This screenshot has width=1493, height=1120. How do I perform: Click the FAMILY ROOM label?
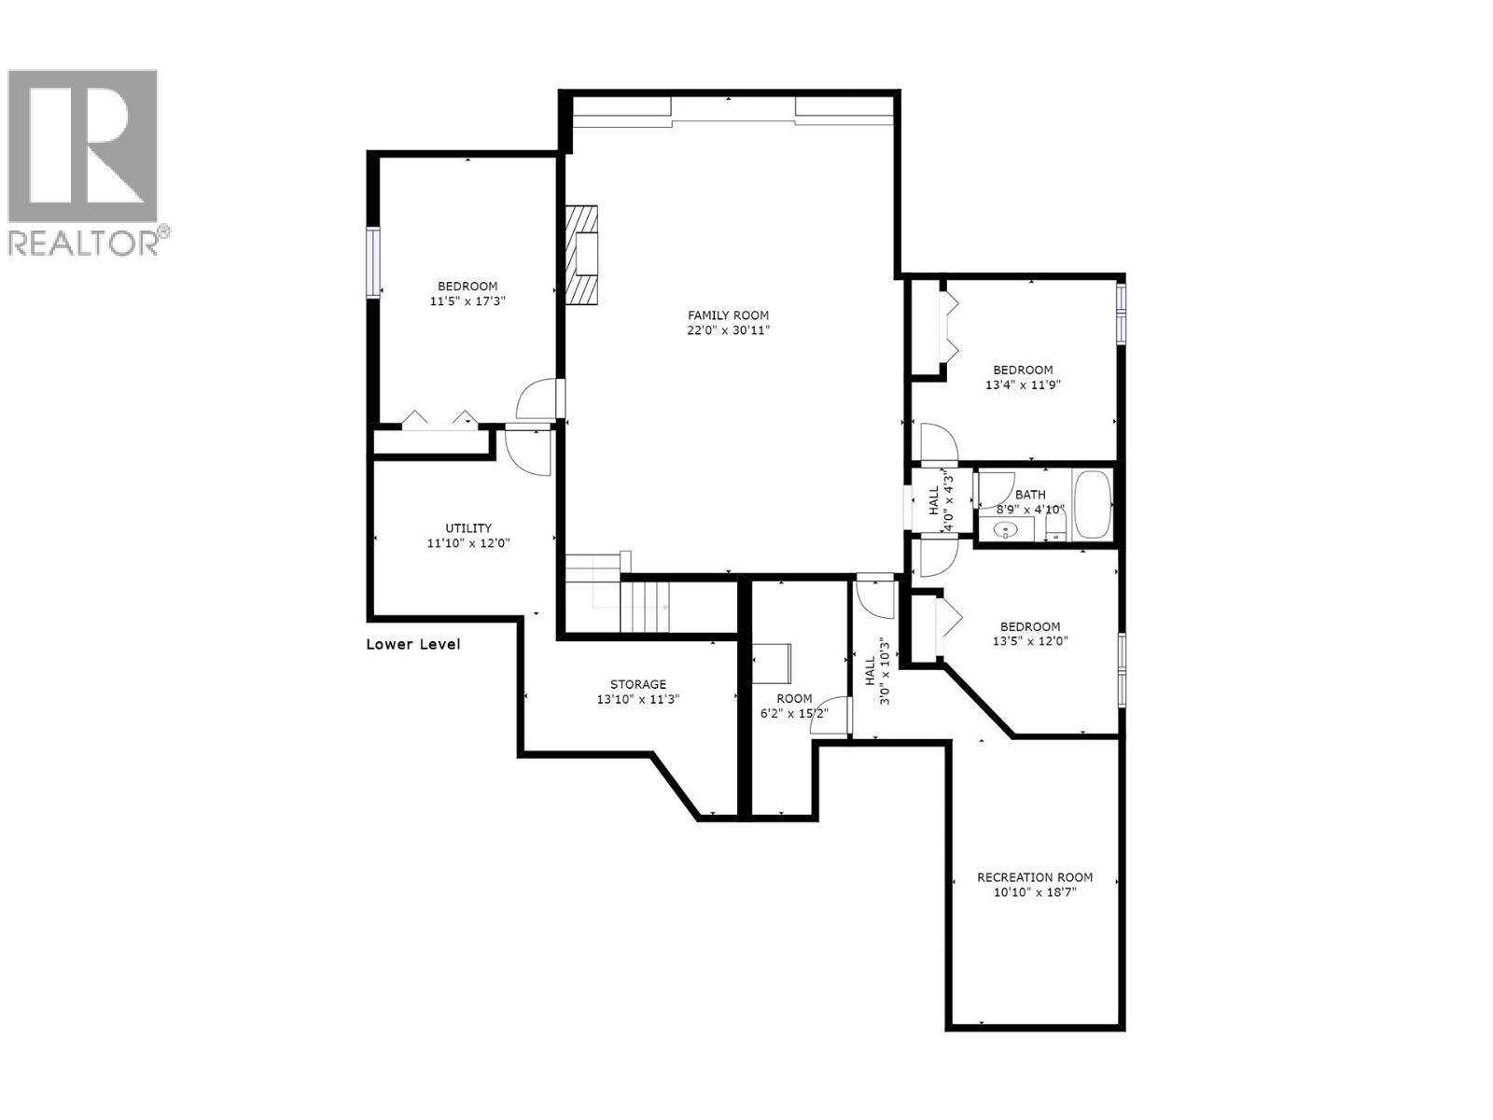click(x=728, y=315)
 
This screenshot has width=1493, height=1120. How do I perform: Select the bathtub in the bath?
click(x=1091, y=506)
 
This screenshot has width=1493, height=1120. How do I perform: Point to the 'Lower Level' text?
click(x=412, y=644)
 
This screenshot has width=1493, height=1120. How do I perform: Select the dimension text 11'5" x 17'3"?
click(x=467, y=301)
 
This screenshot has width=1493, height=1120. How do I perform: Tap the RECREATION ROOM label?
click(x=1034, y=877)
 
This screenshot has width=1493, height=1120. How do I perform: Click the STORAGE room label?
click(x=637, y=684)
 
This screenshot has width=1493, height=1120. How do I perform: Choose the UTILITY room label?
click(x=467, y=528)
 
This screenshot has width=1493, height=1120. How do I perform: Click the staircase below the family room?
click(x=644, y=607)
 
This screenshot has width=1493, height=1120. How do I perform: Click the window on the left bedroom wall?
click(x=373, y=262)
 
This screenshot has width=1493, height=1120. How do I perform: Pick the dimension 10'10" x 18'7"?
click(x=1034, y=892)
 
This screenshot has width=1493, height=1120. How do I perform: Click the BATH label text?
click(x=1030, y=495)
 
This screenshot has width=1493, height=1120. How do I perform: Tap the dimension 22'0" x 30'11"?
click(x=728, y=330)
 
